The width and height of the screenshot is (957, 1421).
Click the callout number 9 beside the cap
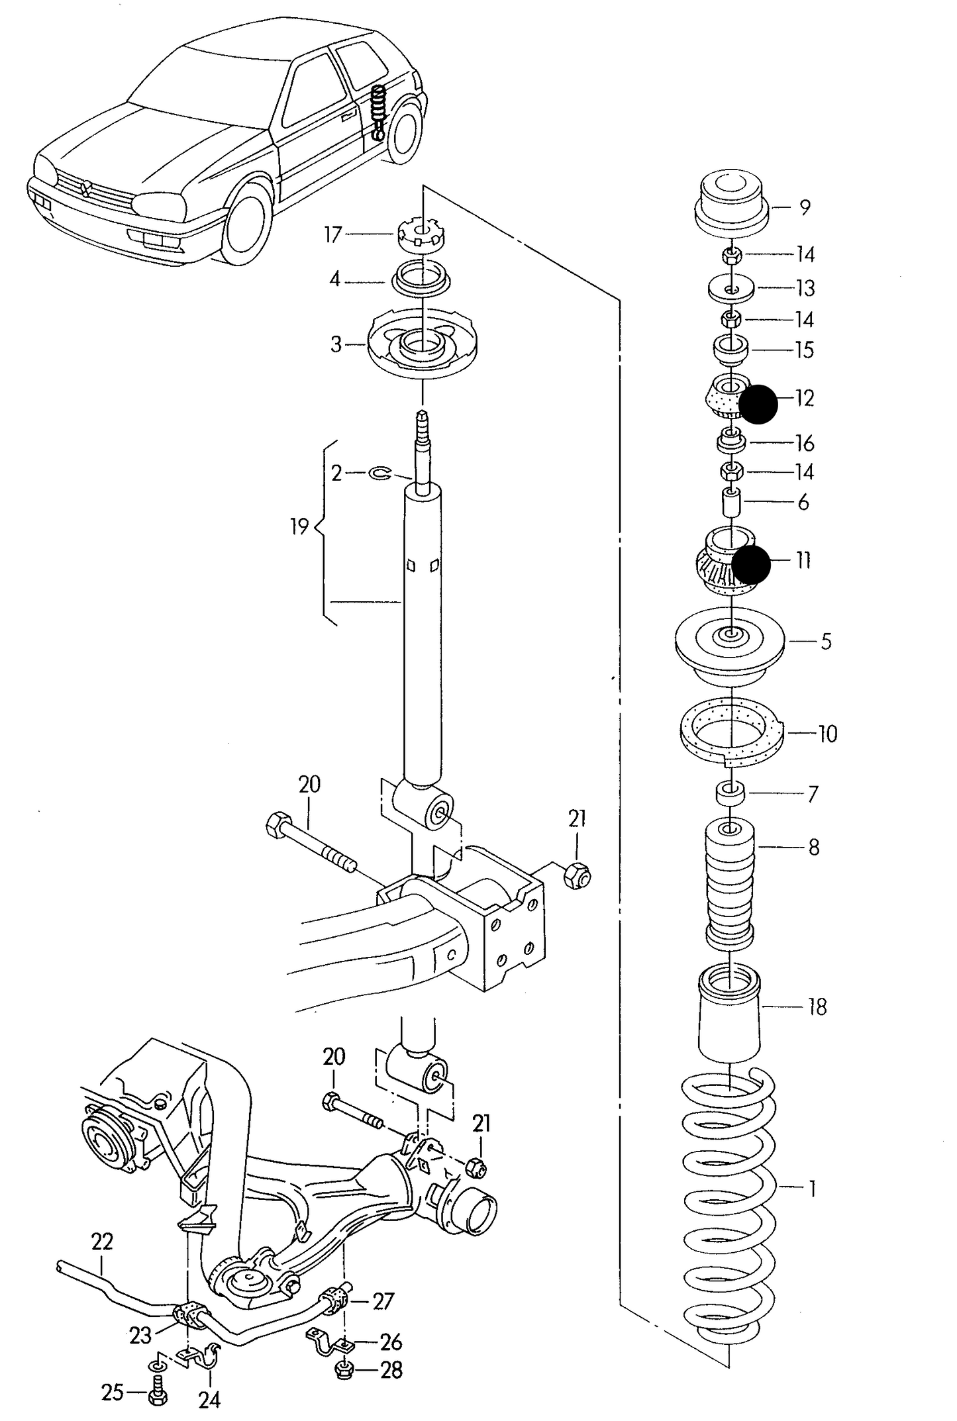805,207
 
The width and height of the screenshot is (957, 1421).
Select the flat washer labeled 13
731,289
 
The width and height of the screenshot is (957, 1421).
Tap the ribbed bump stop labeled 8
730,881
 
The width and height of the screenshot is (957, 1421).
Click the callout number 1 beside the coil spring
812,1188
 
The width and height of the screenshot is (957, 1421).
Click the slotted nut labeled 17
422,235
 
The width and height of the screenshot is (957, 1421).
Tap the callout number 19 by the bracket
299,527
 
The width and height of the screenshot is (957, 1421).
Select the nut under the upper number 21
576,876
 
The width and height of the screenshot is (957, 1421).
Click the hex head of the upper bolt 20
276,825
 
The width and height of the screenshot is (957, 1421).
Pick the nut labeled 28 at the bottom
344,1369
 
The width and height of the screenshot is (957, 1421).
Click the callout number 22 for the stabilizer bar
102,1241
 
